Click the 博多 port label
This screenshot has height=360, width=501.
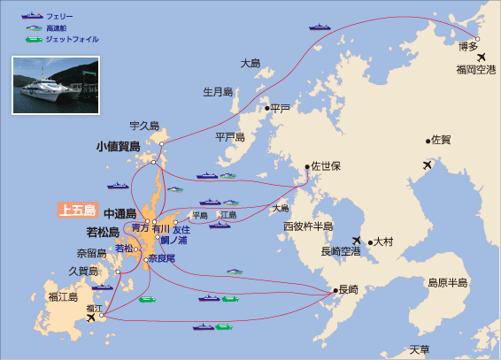tap(469, 47)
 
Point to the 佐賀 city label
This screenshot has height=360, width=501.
tap(440, 140)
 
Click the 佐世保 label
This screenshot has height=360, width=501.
tap(325, 165)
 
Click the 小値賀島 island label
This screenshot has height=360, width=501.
tap(119, 146)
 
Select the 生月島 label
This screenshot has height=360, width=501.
tap(217, 91)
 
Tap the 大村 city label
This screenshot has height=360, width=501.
tap(383, 241)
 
